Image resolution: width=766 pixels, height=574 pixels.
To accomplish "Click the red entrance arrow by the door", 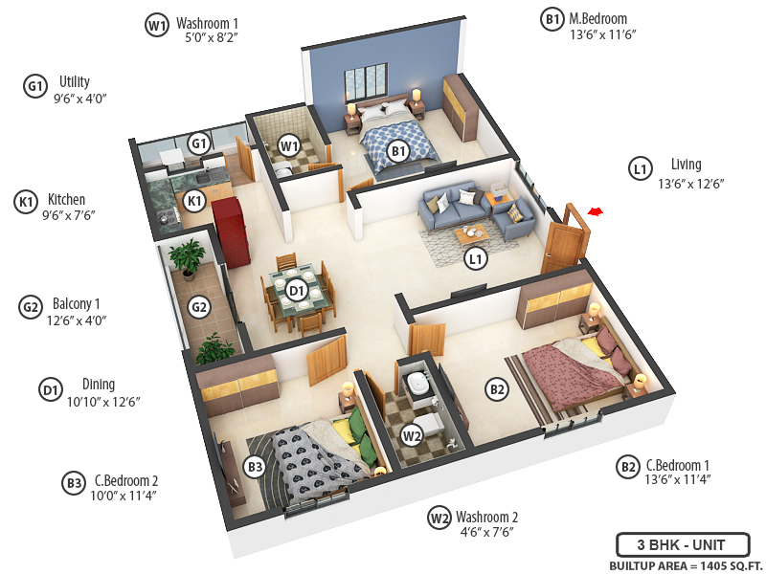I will (597, 211).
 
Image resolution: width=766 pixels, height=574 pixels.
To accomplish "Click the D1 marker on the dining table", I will (296, 289).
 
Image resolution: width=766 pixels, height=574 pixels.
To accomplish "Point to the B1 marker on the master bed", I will (399, 150).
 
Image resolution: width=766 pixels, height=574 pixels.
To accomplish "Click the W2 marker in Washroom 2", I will (412, 436).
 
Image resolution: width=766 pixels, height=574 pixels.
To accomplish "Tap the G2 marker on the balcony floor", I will (198, 308).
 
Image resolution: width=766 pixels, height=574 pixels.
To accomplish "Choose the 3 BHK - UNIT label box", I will (682, 546).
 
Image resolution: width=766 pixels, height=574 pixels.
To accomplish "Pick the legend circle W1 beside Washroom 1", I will (157, 26).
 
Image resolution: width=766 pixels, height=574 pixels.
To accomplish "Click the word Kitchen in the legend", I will (67, 200).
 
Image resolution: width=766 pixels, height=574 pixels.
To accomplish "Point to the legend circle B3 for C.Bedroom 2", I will (74, 484).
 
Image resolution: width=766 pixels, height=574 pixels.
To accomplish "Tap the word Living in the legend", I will (686, 165).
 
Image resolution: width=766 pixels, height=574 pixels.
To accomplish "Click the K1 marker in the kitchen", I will (194, 201).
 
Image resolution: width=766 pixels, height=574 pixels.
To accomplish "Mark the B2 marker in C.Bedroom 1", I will (497, 388).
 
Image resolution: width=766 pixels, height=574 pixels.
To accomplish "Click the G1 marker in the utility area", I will (198, 144).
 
